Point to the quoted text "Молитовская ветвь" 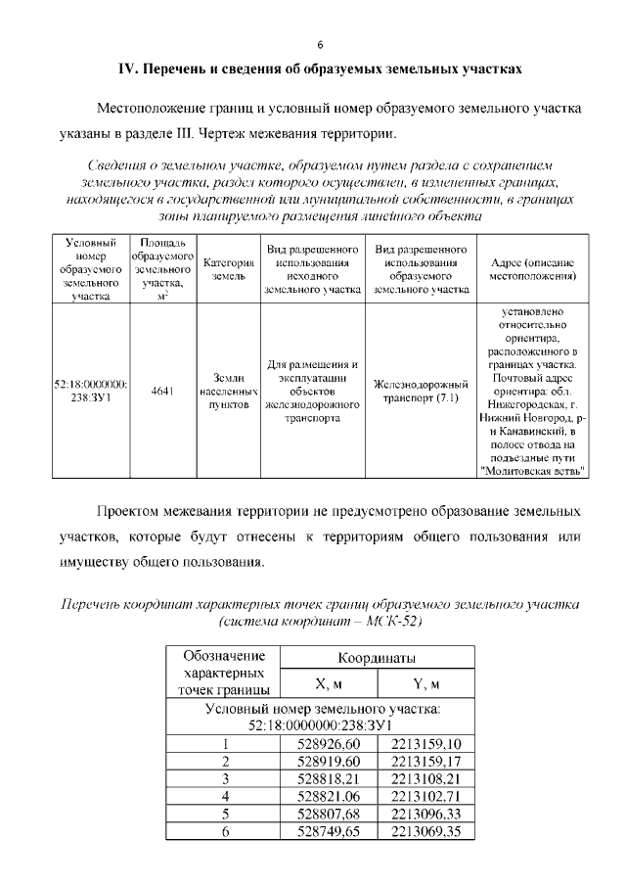pos(534,471)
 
